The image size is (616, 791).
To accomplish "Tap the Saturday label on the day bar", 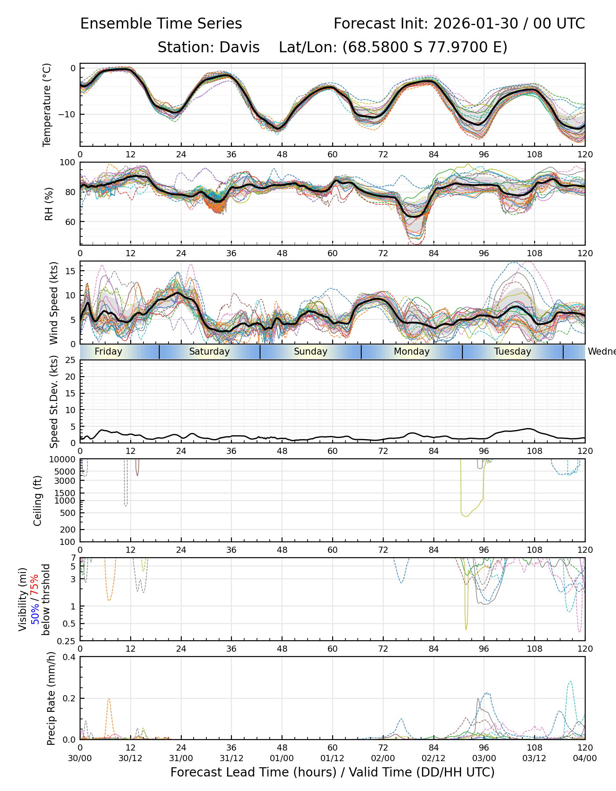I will pos(209,352).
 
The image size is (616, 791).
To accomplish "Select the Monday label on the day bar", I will pos(411,352).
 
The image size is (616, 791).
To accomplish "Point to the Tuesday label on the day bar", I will pos(513,352).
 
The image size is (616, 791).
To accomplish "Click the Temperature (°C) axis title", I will pos(47,105).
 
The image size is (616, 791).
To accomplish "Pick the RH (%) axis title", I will pos(49,203).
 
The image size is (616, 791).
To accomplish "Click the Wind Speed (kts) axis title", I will pos(54,303).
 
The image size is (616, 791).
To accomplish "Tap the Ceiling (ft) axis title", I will pos(38,501).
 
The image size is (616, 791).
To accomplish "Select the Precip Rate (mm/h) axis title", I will pos(51,698).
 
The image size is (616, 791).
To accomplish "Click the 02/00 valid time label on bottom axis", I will pos(383,758).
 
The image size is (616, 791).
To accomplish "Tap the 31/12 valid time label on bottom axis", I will pos(231,758).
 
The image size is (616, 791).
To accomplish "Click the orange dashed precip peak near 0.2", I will pos(109,699).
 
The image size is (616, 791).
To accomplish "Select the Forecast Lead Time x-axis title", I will pos(332,772).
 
